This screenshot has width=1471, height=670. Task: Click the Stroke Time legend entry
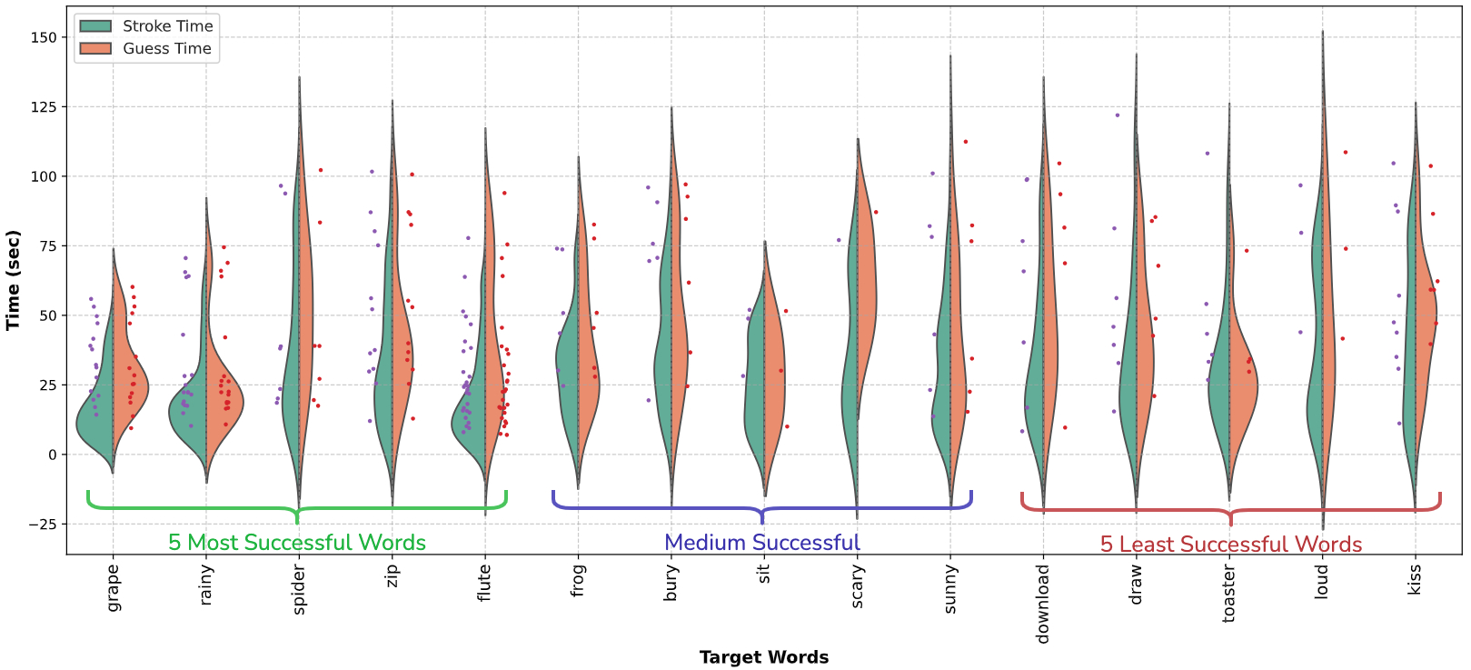tap(167, 26)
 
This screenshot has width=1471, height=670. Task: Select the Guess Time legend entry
tap(167, 49)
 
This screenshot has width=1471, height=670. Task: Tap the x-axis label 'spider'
tap(299, 589)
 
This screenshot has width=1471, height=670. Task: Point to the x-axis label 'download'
tap(1043, 604)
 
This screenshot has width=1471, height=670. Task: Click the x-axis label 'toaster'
tap(1229, 594)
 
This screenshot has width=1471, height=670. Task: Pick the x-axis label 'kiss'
tap(1415, 579)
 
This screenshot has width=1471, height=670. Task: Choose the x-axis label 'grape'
tap(114, 587)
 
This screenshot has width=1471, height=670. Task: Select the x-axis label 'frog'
tap(578, 581)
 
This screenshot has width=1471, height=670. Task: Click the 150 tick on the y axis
tap(43, 37)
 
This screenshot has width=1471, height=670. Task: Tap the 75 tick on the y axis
tap(46, 246)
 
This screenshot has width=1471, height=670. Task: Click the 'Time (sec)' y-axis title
tap(13, 280)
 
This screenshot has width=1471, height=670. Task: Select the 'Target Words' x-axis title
tap(763, 657)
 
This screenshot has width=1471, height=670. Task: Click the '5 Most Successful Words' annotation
tap(297, 543)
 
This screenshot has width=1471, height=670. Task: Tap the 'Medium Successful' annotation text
tap(761, 543)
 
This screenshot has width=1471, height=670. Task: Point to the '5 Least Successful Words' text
tap(1231, 545)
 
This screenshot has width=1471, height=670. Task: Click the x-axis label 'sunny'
tap(950, 588)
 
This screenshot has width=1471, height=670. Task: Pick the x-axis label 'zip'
tap(393, 575)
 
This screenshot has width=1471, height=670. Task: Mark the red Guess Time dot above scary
tap(876, 213)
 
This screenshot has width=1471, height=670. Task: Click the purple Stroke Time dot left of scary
tap(839, 241)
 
